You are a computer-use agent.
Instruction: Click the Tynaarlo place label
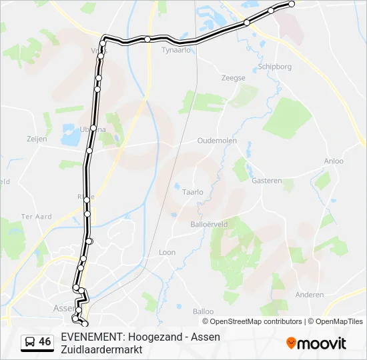(177, 49)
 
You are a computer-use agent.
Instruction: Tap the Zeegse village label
(234, 78)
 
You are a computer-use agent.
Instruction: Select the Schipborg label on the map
(274, 67)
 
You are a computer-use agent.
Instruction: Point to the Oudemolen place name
(218, 141)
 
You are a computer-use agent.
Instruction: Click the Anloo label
(334, 161)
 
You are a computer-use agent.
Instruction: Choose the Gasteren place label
(267, 181)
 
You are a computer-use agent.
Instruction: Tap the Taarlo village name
(193, 192)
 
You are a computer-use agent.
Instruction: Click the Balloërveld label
(209, 225)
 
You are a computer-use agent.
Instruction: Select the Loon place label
(167, 253)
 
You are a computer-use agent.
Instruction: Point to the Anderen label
(310, 295)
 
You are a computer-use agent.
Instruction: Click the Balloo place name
(203, 311)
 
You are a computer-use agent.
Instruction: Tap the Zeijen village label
(37, 139)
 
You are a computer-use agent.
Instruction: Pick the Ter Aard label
(36, 217)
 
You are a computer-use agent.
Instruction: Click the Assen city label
(63, 308)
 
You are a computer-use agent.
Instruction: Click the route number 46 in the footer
(45, 342)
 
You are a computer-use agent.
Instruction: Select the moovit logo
(316, 343)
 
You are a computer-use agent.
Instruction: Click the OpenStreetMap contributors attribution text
(256, 321)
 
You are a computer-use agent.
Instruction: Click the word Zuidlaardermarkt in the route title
(101, 349)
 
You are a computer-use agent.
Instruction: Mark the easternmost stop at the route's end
(292, 4)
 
